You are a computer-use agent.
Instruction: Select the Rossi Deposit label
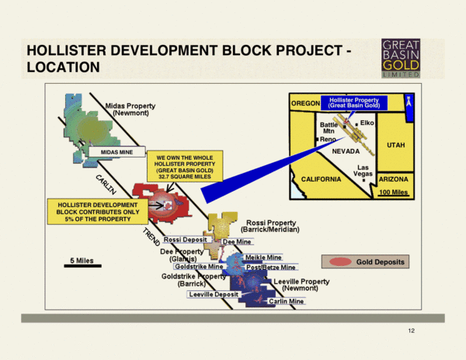coord(184,240)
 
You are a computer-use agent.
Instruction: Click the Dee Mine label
coord(237,242)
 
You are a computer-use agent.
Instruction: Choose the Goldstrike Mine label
coord(200,266)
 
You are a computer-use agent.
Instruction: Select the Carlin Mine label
coord(285,301)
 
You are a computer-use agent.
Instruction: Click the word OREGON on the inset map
coord(305,103)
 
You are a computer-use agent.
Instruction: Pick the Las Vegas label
coord(362,171)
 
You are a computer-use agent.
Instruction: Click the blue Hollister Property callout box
coord(353,102)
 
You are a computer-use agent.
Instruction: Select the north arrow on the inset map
coord(409,102)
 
